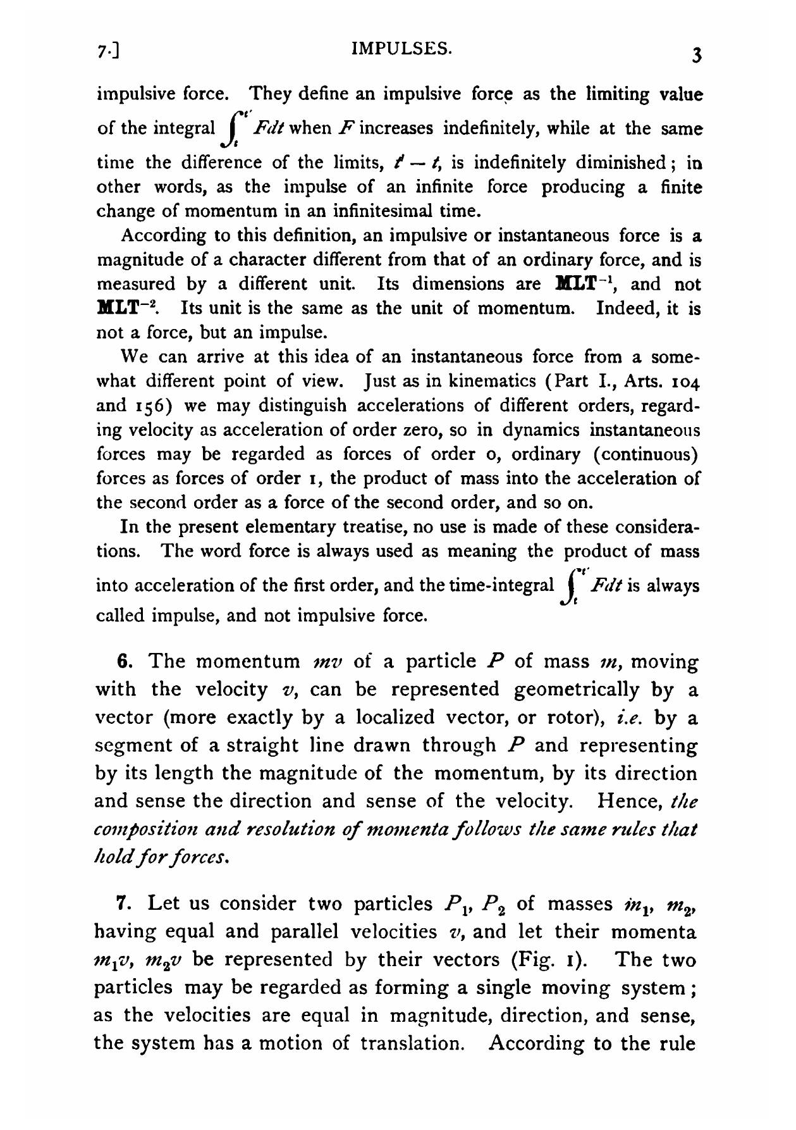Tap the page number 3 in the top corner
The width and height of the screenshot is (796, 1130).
point(696,56)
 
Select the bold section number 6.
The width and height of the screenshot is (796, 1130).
point(124,662)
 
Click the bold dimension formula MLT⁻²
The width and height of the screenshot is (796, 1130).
point(126,309)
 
